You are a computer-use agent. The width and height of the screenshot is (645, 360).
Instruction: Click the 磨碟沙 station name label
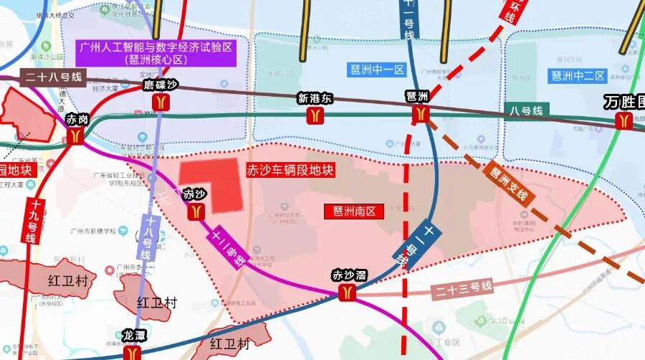[159, 85]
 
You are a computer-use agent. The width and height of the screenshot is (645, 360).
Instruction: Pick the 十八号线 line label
[146, 236]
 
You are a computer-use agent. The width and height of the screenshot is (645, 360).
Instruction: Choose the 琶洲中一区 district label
[378, 70]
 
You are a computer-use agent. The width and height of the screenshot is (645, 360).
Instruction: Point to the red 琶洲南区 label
[355, 211]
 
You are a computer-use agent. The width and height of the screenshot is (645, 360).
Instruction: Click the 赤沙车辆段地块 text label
[290, 171]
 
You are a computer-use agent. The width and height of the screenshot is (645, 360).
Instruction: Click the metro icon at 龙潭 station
[133, 353]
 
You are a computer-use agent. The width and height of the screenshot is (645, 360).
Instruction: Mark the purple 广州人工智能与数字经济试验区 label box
[161, 52]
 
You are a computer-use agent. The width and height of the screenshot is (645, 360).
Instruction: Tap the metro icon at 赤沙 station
[196, 210]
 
